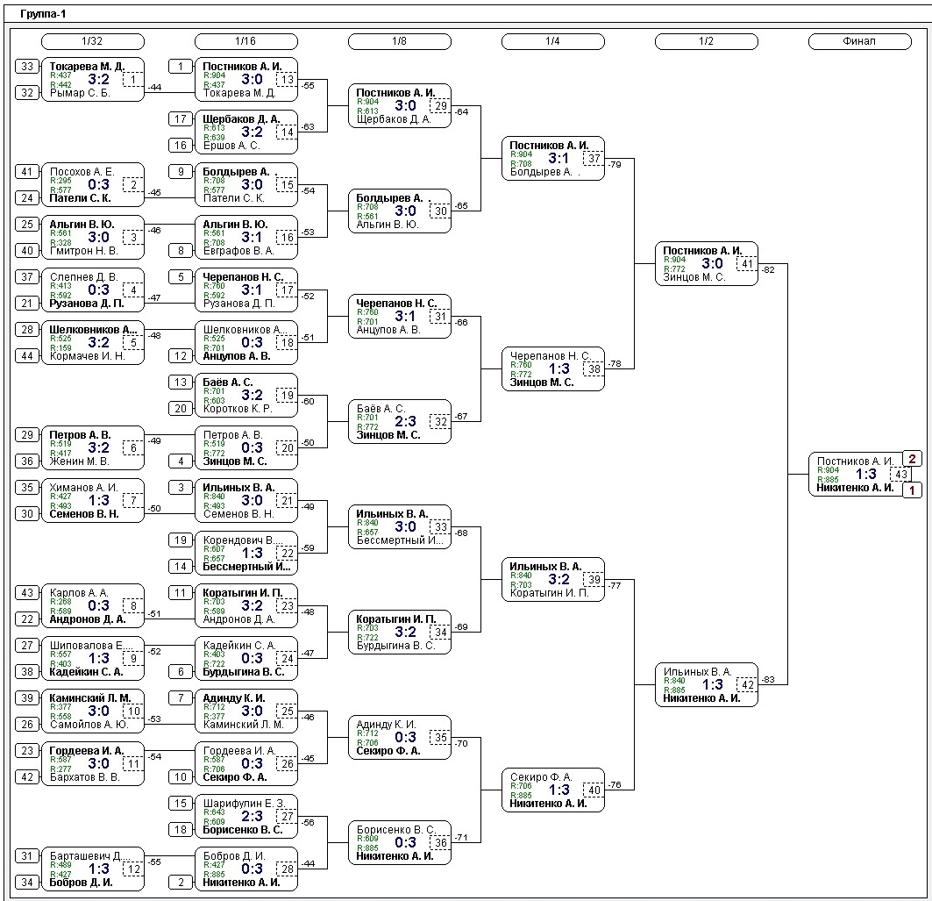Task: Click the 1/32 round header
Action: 92,41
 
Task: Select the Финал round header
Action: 859,41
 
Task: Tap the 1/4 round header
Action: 552,41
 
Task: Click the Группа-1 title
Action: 43,14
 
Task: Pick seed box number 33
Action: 27,67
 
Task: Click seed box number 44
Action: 27,356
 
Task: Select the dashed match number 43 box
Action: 900,475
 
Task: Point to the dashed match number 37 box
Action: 594,159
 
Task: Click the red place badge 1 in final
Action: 912,490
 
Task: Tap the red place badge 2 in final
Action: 912,459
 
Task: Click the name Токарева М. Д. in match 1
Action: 87,67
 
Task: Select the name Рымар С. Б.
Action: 80,93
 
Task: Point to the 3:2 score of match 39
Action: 558,580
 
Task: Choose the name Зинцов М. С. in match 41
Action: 694,277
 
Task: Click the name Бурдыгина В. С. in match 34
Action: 395,646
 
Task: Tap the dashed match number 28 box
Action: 287,869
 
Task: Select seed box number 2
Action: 181,883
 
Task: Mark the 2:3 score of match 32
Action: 405,422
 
